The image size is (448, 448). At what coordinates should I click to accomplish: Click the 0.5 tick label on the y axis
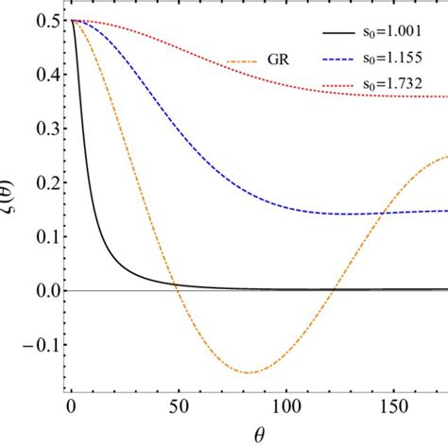pos(45,20)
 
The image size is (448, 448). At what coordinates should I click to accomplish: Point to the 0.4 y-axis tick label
pos(45,74)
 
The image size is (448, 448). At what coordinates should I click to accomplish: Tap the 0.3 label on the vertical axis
pos(45,128)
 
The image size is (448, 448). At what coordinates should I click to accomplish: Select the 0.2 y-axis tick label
pos(45,181)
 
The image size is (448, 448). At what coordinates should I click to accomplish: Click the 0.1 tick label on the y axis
pos(45,235)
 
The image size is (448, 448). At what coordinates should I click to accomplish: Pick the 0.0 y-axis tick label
pos(45,289)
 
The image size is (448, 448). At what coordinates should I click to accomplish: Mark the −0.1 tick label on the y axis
pos(40,343)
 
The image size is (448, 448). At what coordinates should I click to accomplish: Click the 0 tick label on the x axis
pos(71,407)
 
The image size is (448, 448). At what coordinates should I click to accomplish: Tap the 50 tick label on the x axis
pos(176,407)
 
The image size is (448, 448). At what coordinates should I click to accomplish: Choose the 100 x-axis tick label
pos(281,407)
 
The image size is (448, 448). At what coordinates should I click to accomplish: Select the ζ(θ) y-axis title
pos(12,203)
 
